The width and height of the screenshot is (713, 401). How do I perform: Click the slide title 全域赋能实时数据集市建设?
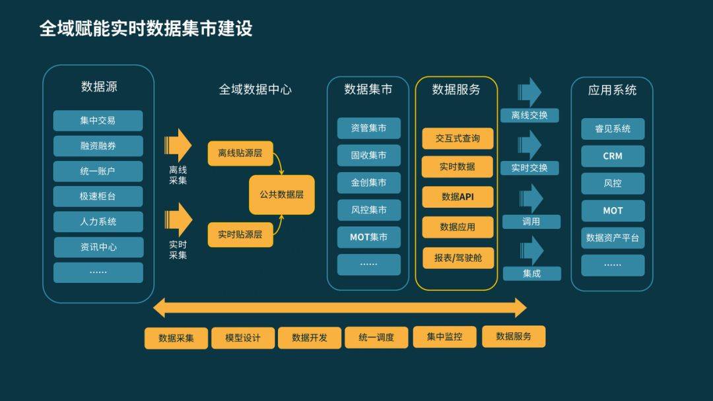(x=146, y=29)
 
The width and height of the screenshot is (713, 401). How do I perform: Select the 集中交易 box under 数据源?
(x=98, y=121)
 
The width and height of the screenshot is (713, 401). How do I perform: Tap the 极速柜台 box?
(x=98, y=197)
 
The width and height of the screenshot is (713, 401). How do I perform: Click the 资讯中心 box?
(x=98, y=247)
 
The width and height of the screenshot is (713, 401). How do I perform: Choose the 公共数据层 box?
(x=282, y=195)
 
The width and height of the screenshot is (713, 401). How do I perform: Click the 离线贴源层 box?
(x=240, y=153)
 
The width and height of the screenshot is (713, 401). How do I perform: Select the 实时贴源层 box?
(x=240, y=234)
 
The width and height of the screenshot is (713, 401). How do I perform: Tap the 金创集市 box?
(x=369, y=183)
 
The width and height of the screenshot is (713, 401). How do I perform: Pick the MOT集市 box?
(x=369, y=237)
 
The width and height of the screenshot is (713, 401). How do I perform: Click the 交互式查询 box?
(x=458, y=139)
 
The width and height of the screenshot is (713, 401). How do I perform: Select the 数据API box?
(x=458, y=197)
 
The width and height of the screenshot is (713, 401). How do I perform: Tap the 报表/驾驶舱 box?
(x=458, y=258)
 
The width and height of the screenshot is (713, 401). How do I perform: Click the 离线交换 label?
(x=529, y=115)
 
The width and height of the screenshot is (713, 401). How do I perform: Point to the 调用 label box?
(x=531, y=222)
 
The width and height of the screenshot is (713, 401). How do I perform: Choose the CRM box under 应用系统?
(x=613, y=156)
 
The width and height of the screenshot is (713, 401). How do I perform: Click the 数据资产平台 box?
(x=613, y=238)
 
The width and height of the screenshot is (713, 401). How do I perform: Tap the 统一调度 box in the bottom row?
(x=376, y=338)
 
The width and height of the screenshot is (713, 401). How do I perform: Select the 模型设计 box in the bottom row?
(x=243, y=338)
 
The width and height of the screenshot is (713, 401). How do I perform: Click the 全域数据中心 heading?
(x=255, y=90)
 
